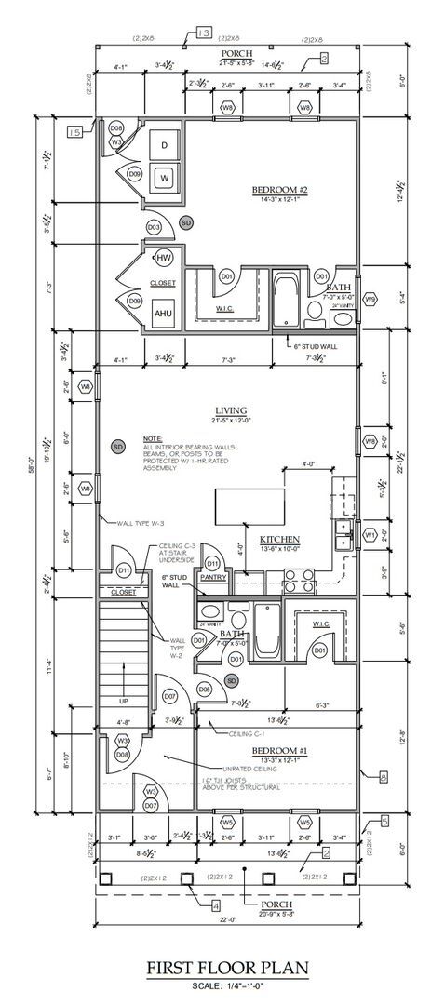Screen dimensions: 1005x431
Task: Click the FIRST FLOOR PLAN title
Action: (215, 969)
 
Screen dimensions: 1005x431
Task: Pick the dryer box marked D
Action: (165, 145)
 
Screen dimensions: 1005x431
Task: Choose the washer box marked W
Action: (165, 177)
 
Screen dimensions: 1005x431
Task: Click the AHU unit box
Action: (164, 314)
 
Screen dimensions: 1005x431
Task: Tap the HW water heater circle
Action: (164, 258)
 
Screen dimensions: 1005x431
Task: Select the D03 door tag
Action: (154, 226)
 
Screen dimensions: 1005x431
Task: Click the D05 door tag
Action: (204, 688)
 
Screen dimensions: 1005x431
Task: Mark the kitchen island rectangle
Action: (249, 508)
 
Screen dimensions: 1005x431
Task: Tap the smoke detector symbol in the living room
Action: (118, 447)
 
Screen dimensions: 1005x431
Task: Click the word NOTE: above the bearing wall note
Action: (153, 437)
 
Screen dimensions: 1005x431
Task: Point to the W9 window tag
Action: (370, 299)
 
